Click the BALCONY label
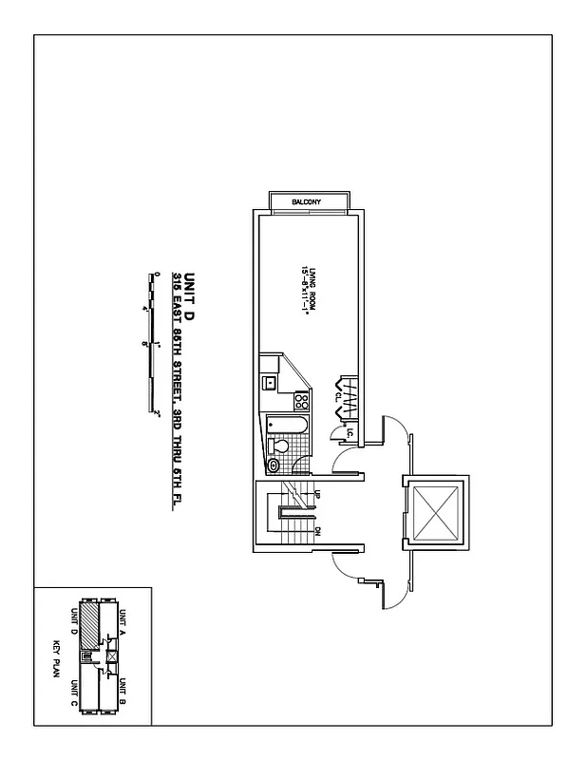(307, 202)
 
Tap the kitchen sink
(270, 383)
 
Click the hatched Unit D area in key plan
(87, 628)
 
